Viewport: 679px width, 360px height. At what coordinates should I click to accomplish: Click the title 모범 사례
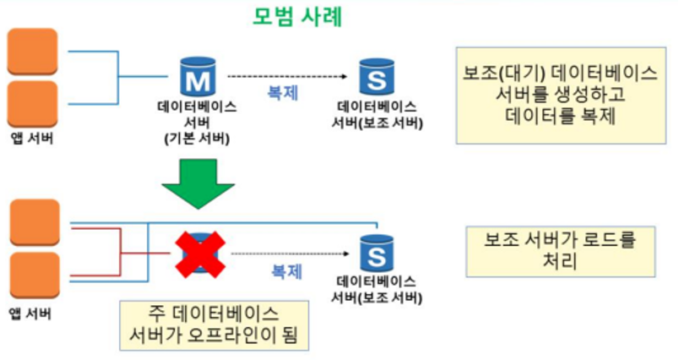(298, 16)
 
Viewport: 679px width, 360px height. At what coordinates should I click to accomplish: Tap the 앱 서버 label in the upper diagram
(31, 139)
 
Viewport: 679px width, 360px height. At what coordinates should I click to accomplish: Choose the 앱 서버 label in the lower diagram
(31, 314)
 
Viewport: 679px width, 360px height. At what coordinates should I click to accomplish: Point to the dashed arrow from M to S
(288, 77)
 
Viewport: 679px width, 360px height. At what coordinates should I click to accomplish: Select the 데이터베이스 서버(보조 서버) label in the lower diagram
(377, 289)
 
